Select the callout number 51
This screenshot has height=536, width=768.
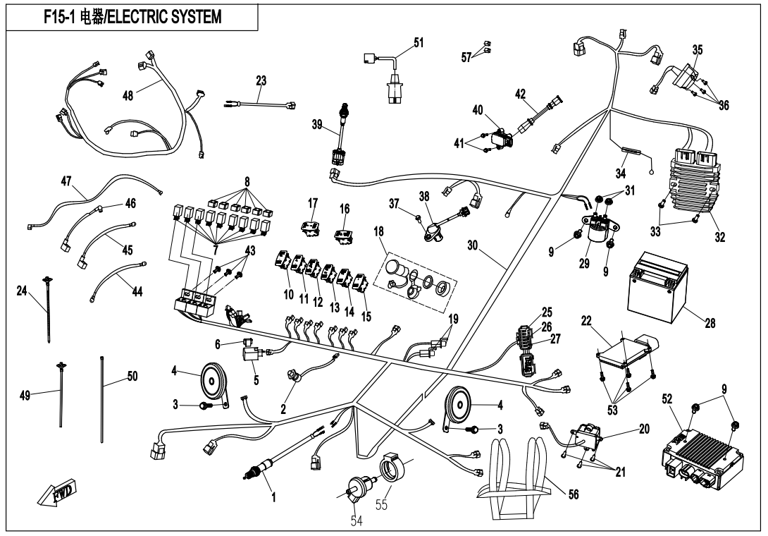click(x=419, y=42)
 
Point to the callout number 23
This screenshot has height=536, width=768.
click(x=261, y=80)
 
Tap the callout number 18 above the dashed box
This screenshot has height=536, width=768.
click(x=378, y=231)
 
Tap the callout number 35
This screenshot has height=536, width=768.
click(x=697, y=50)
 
